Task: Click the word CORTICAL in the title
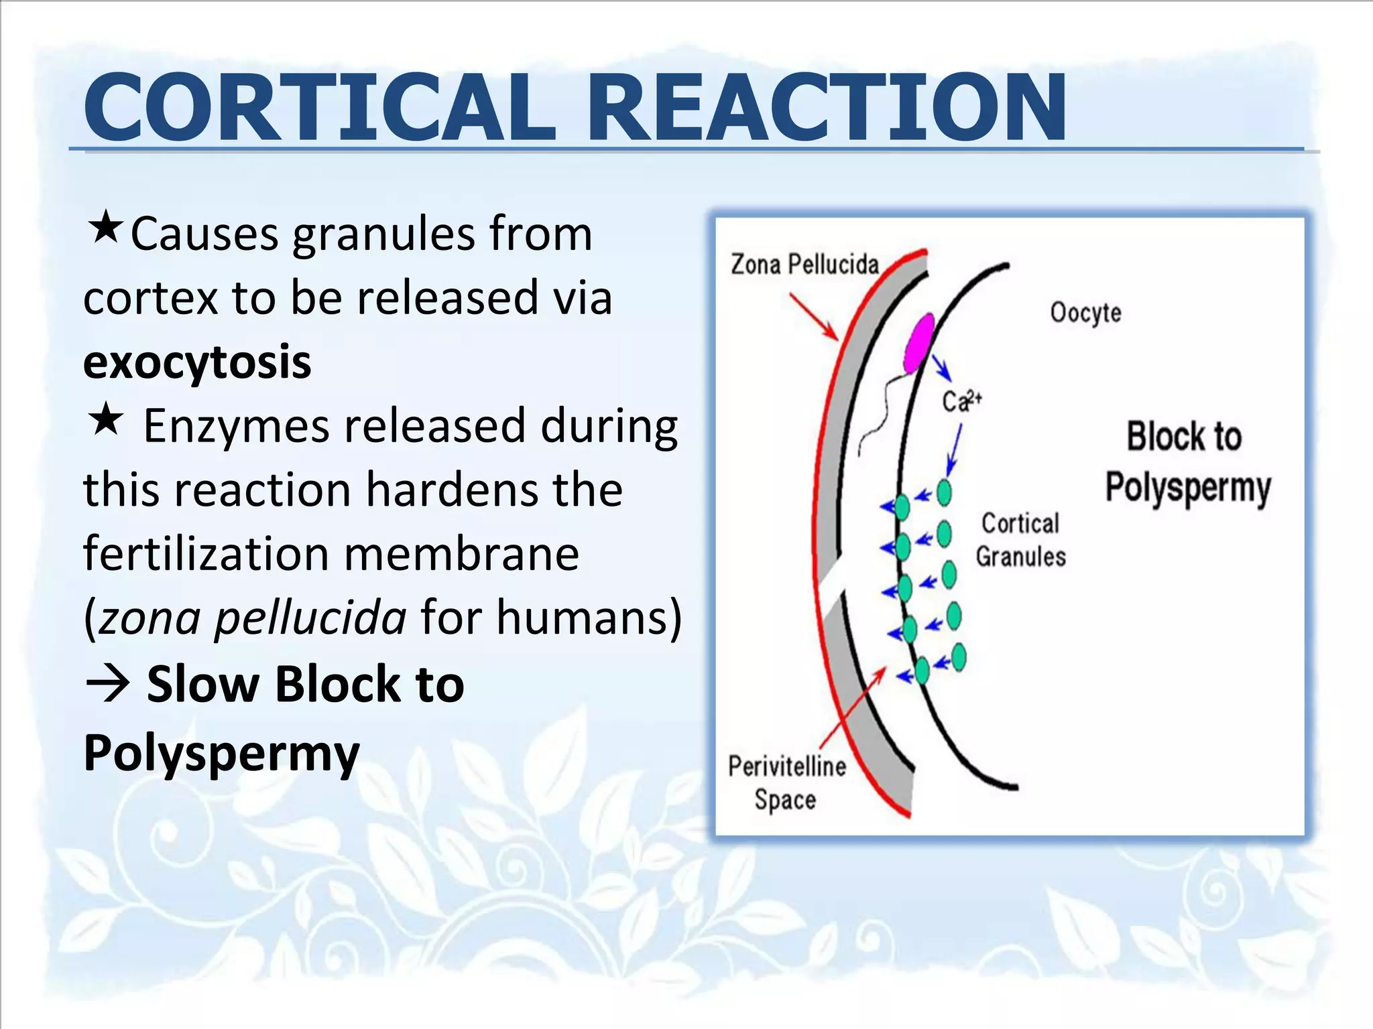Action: [319, 107]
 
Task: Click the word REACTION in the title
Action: [829, 107]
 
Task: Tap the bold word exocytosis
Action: [197, 362]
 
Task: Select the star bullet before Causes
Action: [105, 228]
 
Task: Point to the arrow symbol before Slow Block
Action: [107, 685]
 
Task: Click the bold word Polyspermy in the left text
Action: [221, 753]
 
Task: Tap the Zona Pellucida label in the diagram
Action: [804, 265]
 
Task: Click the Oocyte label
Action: [1085, 313]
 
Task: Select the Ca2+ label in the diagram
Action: [961, 401]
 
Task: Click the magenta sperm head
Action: [918, 342]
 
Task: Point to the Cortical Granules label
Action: [1020, 540]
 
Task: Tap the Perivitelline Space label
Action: [786, 782]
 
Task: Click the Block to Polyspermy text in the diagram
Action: [1187, 462]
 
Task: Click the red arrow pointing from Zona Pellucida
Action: [813, 316]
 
